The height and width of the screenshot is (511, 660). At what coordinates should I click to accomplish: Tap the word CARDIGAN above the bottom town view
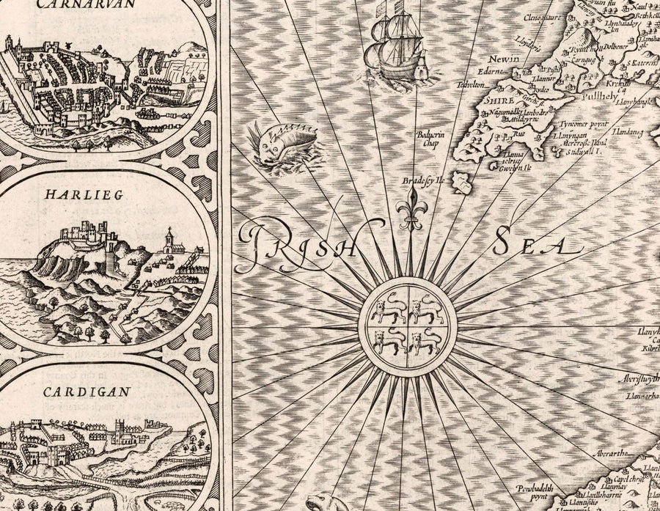coord(87,391)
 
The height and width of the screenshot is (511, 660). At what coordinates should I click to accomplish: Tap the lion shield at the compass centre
coord(408,326)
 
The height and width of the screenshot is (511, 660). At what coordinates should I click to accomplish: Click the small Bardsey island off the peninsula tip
coord(461,182)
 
